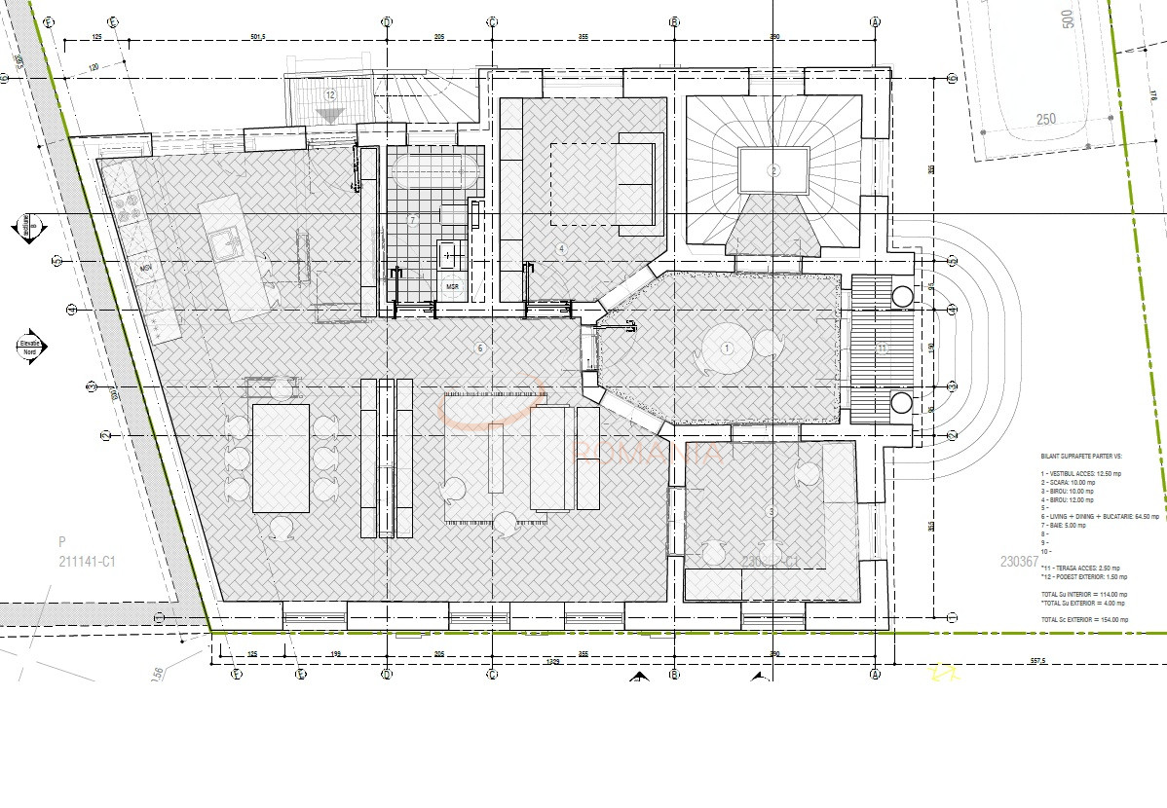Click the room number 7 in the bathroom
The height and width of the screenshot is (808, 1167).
[x=412, y=221]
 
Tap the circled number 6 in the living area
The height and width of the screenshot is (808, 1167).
[x=479, y=348]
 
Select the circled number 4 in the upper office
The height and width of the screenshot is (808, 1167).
[x=561, y=248]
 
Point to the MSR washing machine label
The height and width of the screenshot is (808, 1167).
[x=452, y=287]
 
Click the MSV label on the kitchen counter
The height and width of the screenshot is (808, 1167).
[x=146, y=268]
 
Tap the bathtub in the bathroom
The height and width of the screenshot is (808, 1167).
[x=434, y=174]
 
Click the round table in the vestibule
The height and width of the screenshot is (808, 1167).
[x=726, y=349]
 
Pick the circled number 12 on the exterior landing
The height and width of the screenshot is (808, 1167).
[x=331, y=95]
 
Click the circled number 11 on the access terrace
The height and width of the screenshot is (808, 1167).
[x=882, y=348]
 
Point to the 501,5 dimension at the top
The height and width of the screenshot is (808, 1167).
[x=257, y=37]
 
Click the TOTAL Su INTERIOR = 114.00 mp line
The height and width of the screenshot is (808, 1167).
[x=1084, y=594]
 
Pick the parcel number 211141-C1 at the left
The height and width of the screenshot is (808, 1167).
[x=87, y=561]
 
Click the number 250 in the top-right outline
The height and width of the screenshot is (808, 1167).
[x=1045, y=120]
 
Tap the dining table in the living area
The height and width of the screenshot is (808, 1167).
[x=281, y=458]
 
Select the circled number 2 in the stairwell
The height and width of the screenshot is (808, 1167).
[x=773, y=170]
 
